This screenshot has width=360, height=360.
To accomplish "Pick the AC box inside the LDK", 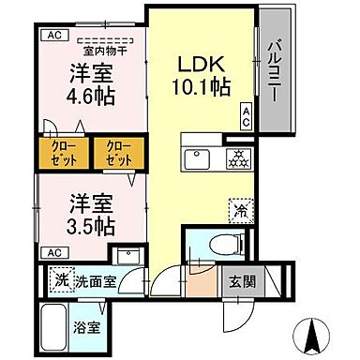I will pos(246,116).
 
